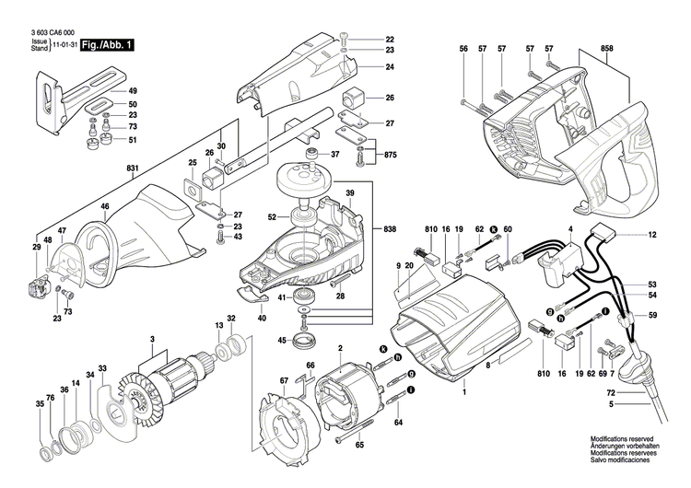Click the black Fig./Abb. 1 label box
pyautogui.click(x=108, y=44)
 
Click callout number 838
pyautogui.click(x=390, y=227)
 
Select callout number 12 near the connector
pyautogui.click(x=651, y=236)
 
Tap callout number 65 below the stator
pyautogui.click(x=359, y=445)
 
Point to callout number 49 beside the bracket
pyautogui.click(x=133, y=91)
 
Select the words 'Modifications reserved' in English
pyautogui.click(x=610, y=441)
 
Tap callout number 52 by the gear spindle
pyautogui.click(x=272, y=217)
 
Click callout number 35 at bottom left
pyautogui.click(x=40, y=404)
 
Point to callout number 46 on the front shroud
pyautogui.click(x=105, y=206)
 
